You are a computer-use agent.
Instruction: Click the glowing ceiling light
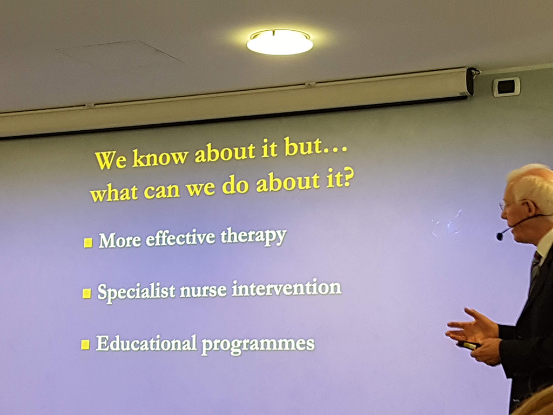click(x=280, y=42)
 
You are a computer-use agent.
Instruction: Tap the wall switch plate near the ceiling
click(x=507, y=86)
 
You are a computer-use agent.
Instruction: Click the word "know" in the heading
click(x=160, y=156)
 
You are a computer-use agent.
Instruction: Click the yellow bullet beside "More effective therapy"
click(x=88, y=243)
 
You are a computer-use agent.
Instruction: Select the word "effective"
click(x=180, y=238)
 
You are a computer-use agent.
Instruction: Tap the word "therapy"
click(x=253, y=236)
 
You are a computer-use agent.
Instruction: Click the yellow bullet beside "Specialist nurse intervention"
click(x=87, y=293)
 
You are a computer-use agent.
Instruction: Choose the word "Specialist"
click(x=136, y=292)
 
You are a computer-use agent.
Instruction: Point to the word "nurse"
click(x=203, y=290)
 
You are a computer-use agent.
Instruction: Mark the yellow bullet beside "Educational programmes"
click(x=85, y=344)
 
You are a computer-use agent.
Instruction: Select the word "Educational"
click(x=146, y=343)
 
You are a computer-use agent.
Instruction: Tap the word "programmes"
click(x=258, y=344)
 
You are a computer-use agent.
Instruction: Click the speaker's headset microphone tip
click(x=500, y=236)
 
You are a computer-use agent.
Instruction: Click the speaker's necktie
click(x=535, y=268)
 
